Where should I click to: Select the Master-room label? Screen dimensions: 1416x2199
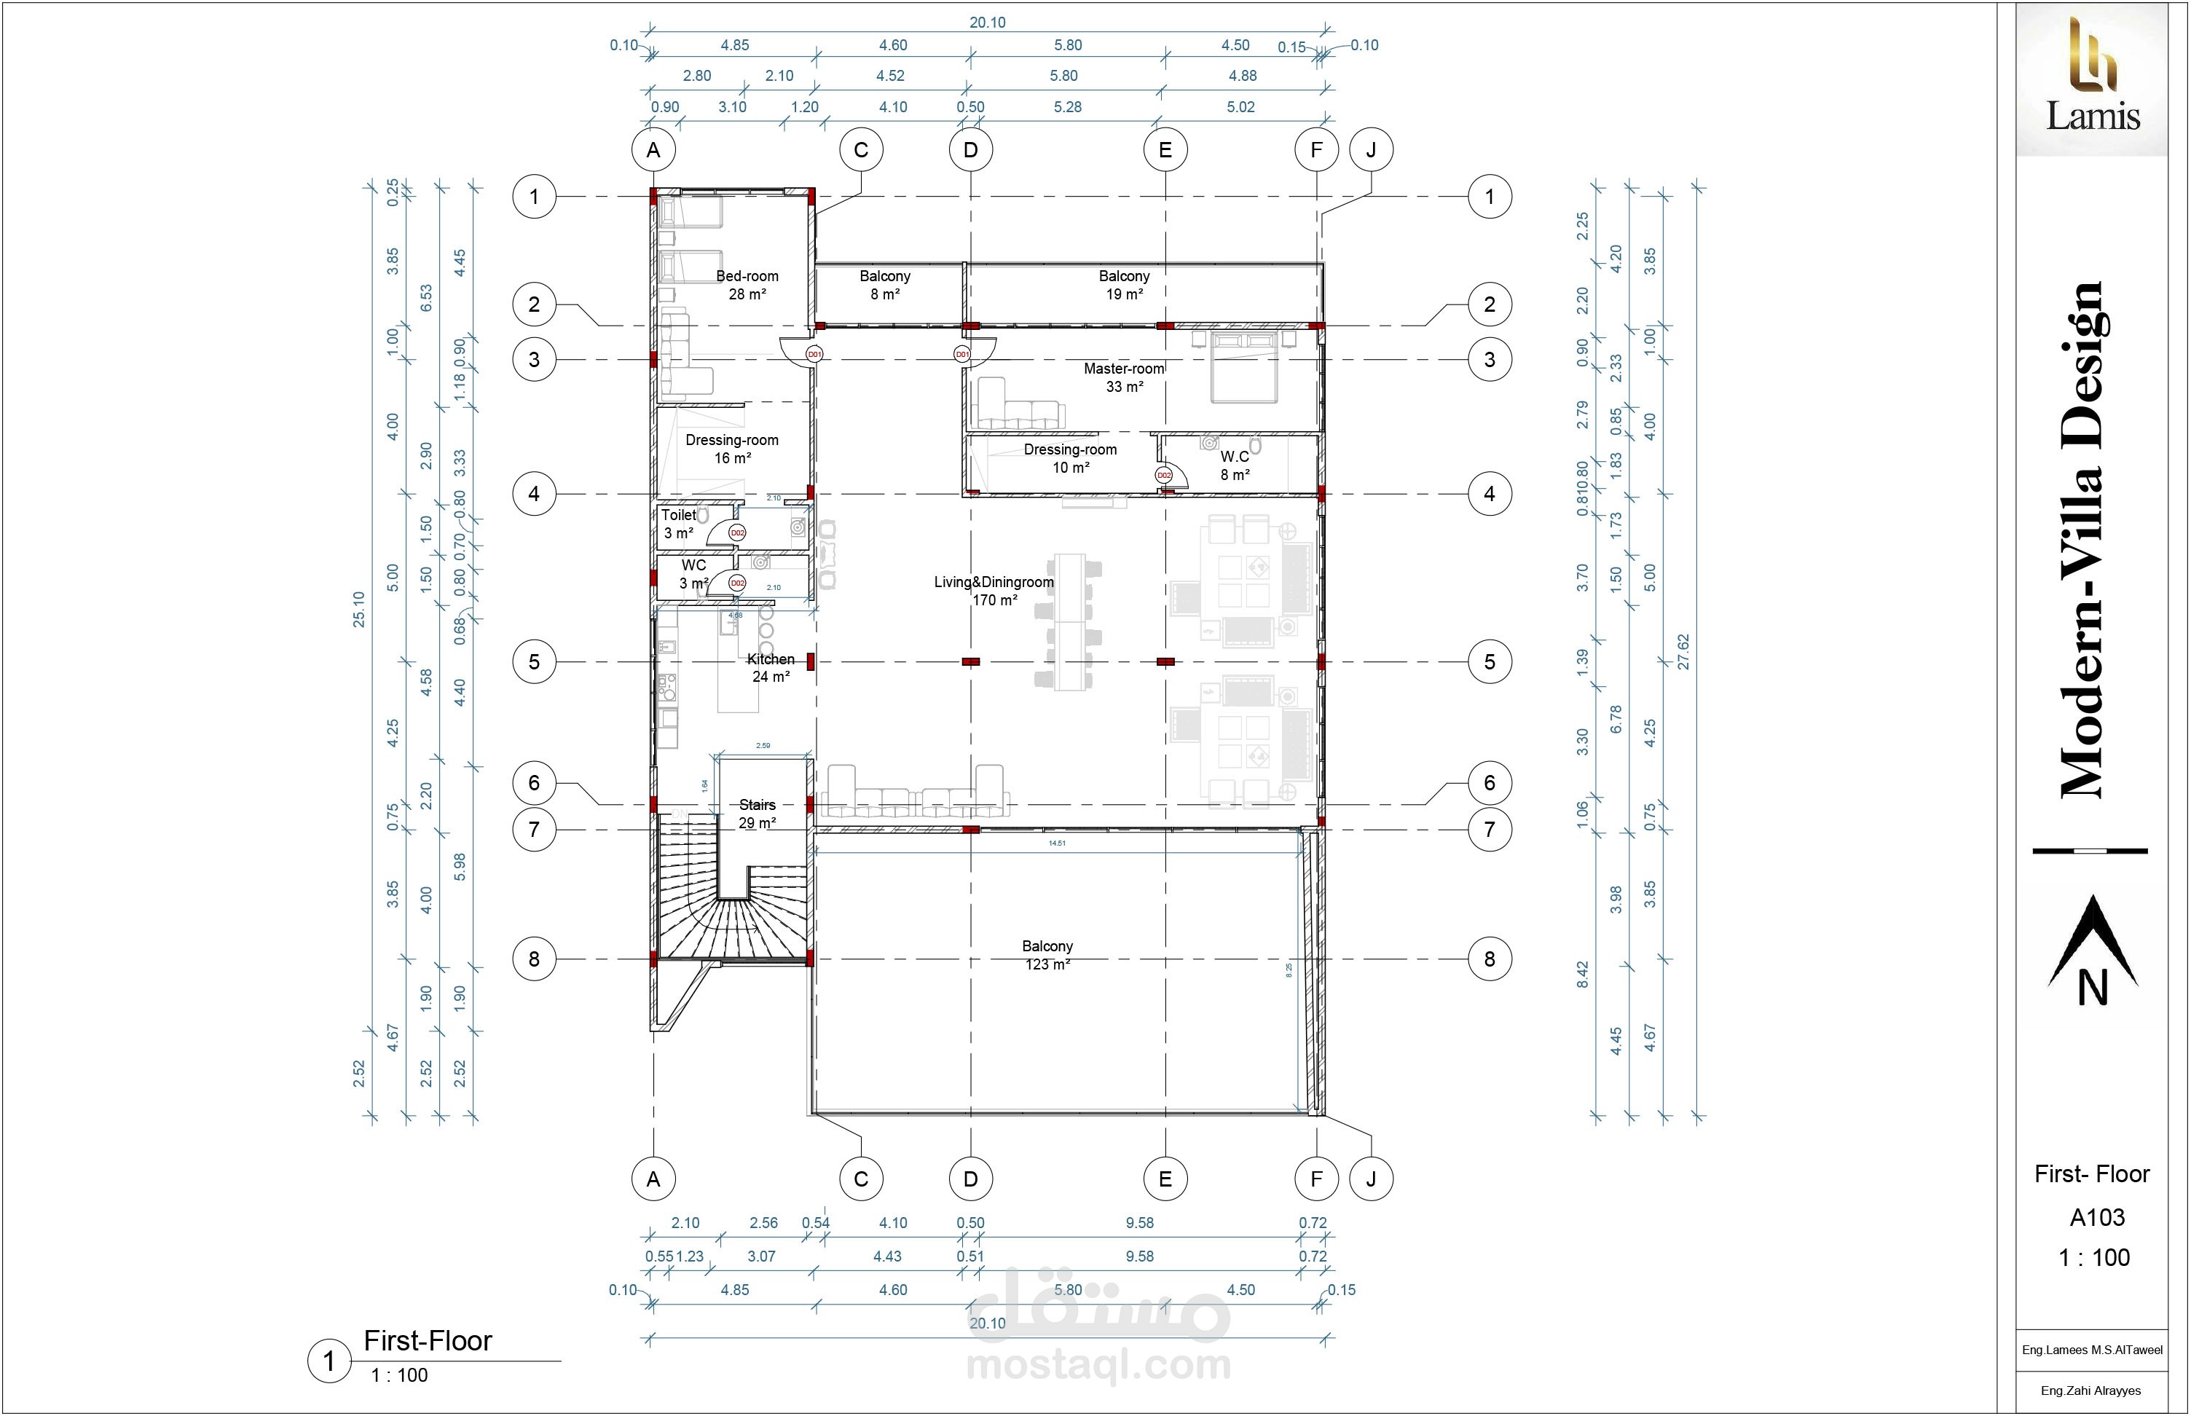point(1123,377)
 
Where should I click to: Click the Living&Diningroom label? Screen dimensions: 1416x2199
point(994,590)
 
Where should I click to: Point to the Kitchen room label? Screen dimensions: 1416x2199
point(771,667)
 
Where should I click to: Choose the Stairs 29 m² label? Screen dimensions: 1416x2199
point(758,814)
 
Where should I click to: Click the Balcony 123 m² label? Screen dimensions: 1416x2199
point(1047,954)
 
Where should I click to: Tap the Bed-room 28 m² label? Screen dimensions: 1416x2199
point(747,285)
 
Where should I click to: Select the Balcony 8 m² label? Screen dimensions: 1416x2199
point(884,285)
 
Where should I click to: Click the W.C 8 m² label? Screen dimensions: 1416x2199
point(1235,465)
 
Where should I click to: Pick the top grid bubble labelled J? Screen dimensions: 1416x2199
point(1371,150)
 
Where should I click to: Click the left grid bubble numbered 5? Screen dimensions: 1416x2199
point(534,662)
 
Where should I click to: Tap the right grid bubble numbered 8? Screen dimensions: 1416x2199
point(1490,960)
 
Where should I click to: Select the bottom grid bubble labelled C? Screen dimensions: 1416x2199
point(860,1179)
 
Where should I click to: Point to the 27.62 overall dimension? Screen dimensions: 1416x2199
point(1683,651)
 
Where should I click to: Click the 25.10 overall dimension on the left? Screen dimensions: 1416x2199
point(358,609)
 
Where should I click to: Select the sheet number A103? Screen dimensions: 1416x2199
point(2097,1217)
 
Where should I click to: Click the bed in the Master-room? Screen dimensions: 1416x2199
point(1244,368)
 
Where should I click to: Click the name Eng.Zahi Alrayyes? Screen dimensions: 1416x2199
point(2090,1391)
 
